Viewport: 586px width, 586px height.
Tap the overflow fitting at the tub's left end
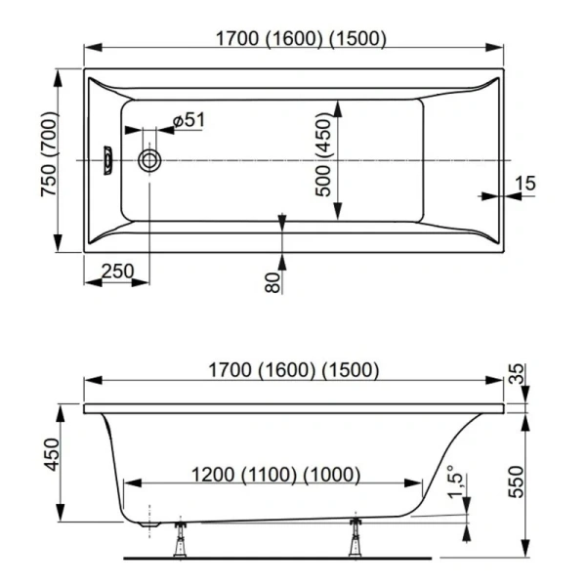click(x=108, y=161)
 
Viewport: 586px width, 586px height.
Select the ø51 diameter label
click(x=189, y=120)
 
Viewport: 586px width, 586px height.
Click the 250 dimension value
click(x=117, y=272)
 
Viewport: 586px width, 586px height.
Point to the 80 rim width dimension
click(x=272, y=282)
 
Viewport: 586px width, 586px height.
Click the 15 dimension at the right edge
click(x=525, y=184)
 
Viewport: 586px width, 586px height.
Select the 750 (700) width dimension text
click(x=49, y=154)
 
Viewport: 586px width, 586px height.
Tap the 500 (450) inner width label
click(x=323, y=157)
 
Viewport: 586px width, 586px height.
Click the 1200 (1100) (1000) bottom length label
click(x=275, y=475)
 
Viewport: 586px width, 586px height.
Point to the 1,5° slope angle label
click(x=455, y=482)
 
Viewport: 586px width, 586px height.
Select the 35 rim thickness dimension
click(x=518, y=374)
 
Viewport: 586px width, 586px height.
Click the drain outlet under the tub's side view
click(x=149, y=524)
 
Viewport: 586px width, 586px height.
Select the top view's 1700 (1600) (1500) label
click(x=301, y=38)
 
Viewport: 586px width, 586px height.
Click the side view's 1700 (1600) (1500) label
click(x=294, y=370)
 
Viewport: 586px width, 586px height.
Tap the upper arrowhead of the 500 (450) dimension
click(x=338, y=108)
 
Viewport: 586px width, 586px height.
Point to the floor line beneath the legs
click(x=277, y=559)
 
